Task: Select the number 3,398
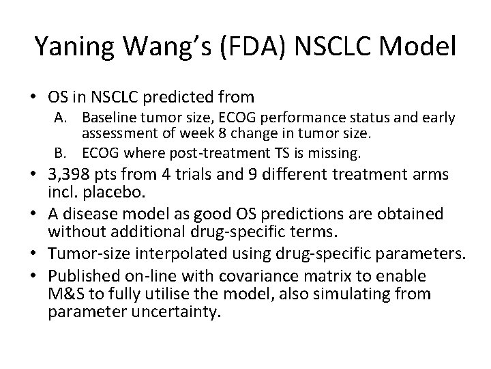[73, 175]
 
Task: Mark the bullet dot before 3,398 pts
[38, 175]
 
